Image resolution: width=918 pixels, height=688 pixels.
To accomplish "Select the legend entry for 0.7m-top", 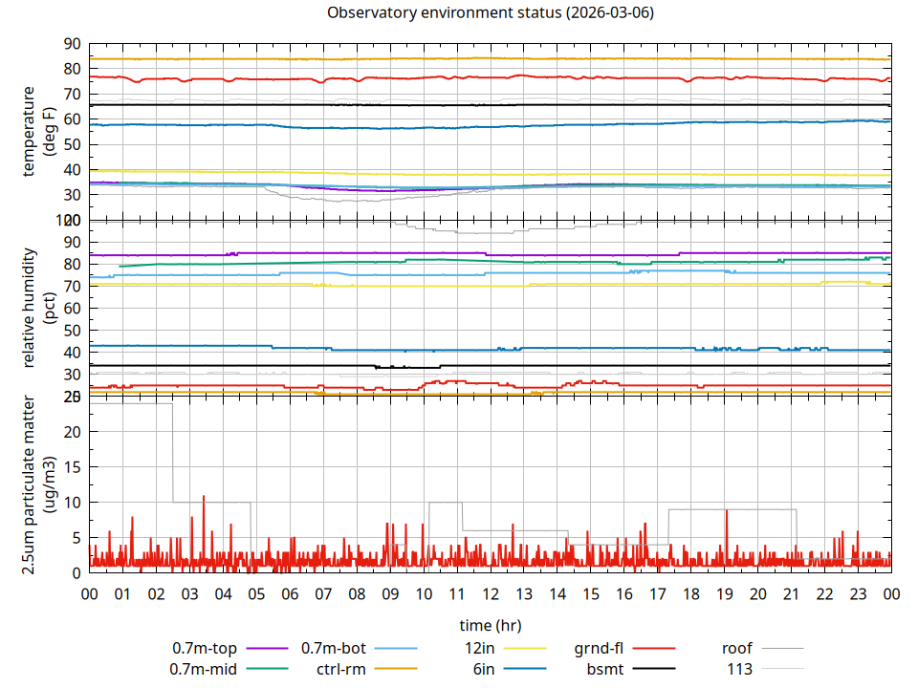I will click(205, 649).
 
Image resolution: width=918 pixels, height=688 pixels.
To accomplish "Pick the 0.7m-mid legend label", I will click(204, 669).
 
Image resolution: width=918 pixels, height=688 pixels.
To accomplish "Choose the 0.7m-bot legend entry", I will click(334, 649).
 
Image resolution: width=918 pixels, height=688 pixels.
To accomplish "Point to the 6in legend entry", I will click(483, 669).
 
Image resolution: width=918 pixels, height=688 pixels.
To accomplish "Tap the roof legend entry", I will click(736, 649).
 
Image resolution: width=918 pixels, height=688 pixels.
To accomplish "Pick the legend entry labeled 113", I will click(740, 669).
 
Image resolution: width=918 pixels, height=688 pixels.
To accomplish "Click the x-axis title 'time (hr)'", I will click(490, 625).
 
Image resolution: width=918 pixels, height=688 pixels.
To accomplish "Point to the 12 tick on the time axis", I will click(491, 593).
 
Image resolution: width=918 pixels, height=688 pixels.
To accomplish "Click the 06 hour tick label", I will click(290, 593).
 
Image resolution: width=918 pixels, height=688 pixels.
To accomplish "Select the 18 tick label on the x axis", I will click(691, 593).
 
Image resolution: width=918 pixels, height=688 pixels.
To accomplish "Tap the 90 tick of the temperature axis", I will click(72, 44).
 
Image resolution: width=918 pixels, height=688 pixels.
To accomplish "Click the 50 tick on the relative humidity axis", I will click(72, 331).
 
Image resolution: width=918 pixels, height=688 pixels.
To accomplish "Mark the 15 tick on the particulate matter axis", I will click(72, 467).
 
